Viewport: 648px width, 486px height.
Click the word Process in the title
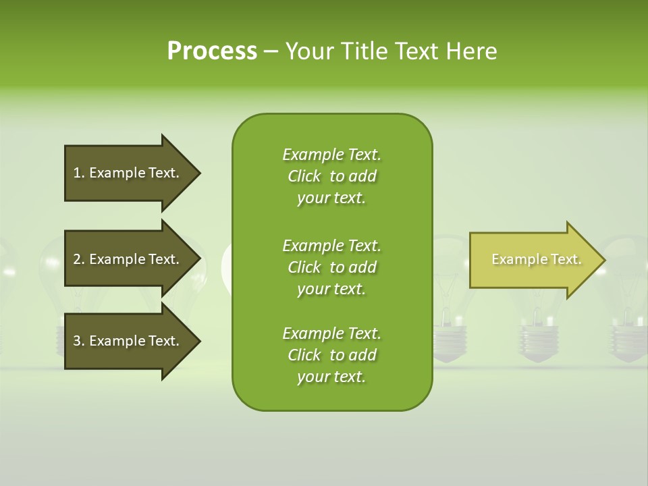pyautogui.click(x=212, y=51)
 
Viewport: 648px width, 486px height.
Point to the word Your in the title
pyautogui.click(x=308, y=51)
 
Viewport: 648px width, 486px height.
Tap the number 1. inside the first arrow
pyautogui.click(x=79, y=173)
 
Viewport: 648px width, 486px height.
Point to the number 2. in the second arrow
pyautogui.click(x=79, y=259)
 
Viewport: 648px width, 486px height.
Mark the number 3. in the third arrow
pyautogui.click(x=79, y=341)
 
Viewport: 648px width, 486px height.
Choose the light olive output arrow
pyautogui.click(x=533, y=260)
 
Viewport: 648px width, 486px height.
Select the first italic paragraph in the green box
pyautogui.click(x=331, y=176)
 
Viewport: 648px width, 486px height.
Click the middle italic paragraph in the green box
pyautogui.click(x=331, y=267)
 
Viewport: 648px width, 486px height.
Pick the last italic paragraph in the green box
pyautogui.click(x=331, y=355)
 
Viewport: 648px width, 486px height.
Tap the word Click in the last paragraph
pyautogui.click(x=304, y=355)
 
